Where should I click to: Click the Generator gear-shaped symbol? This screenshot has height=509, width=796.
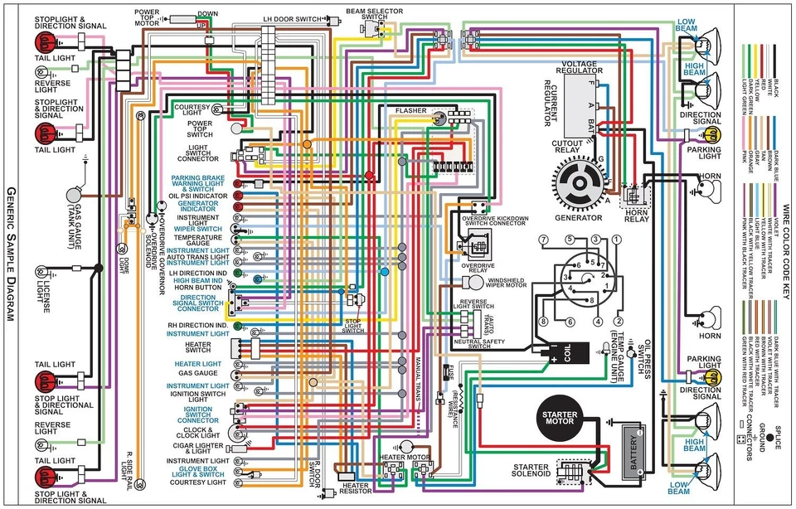(578, 184)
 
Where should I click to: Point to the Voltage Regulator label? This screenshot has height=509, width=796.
(591, 66)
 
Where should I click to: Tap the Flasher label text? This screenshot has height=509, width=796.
(410, 110)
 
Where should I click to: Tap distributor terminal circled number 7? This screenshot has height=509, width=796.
(543, 240)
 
